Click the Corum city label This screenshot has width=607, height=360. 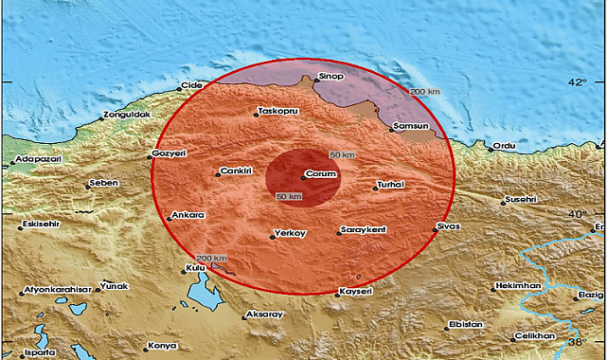(x=323, y=175)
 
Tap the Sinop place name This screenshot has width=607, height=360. (x=329, y=71)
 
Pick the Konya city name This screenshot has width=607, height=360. (x=163, y=346)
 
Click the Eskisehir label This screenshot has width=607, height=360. (x=43, y=225)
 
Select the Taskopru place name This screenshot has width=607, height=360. (x=278, y=112)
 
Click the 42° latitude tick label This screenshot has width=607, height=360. (x=578, y=82)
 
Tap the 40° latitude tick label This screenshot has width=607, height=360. (x=578, y=215)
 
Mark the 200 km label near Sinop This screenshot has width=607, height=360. (x=425, y=91)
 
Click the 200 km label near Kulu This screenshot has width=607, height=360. (x=211, y=258)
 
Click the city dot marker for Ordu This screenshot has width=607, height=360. (x=491, y=148)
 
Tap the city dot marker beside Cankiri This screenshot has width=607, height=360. (x=215, y=172)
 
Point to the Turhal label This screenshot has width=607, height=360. (x=391, y=185)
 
